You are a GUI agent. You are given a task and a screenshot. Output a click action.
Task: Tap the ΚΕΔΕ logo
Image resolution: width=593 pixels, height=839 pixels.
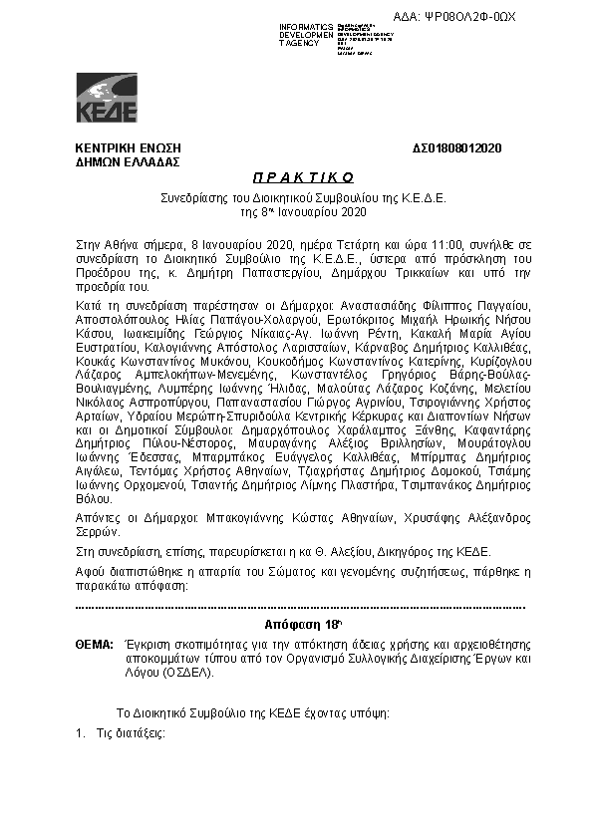(x=107, y=98)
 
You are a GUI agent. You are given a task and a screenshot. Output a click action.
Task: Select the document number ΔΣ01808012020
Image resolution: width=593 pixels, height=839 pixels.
(x=457, y=148)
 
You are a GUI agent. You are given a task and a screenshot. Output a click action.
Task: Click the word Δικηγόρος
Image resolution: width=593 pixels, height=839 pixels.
(x=398, y=551)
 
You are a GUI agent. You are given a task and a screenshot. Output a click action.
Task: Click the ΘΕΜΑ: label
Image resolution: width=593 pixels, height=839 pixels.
(x=94, y=646)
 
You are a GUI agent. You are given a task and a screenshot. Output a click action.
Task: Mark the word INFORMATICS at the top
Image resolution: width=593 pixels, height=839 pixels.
(x=306, y=26)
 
